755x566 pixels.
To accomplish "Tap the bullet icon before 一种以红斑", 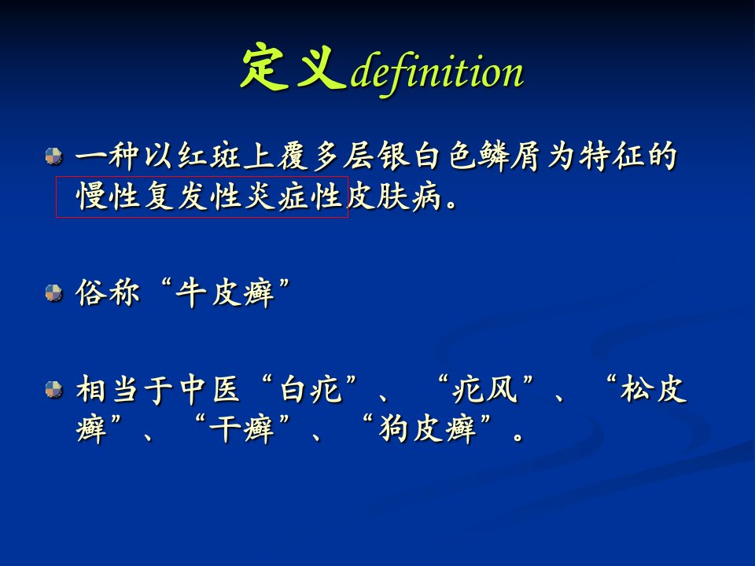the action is (54, 156).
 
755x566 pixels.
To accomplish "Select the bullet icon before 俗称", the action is (54, 292).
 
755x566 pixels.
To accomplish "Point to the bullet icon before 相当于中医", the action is (54, 389).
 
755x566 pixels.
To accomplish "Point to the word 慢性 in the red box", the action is (108, 197).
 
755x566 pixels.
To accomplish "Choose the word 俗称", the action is (108, 292).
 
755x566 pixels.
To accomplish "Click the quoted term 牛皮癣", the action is (225, 292).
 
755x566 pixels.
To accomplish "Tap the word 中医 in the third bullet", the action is (210, 389).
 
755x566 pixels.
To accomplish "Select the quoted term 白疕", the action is (311, 389).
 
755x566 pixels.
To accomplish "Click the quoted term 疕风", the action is (484, 389).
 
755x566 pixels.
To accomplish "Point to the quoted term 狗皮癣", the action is (429, 428).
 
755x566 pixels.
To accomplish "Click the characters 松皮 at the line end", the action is (653, 389).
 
